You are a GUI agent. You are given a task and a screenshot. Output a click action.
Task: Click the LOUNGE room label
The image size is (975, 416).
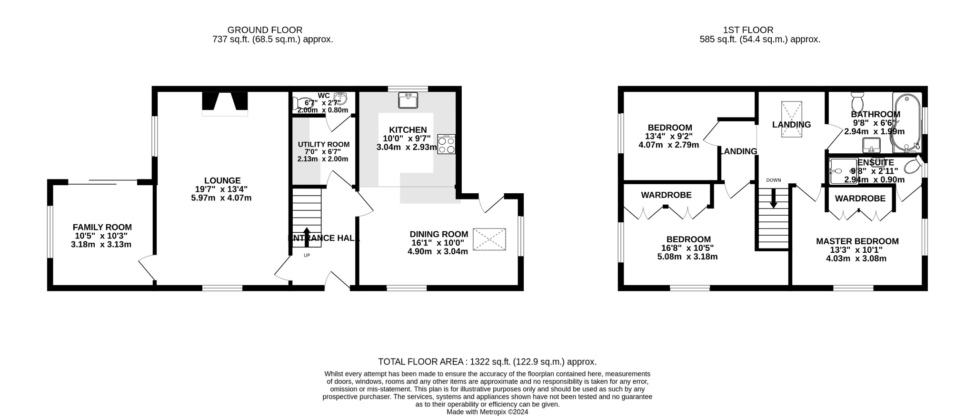pyautogui.click(x=222, y=181)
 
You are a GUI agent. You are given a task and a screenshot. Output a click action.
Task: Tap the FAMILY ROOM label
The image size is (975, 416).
pyautogui.click(x=102, y=228)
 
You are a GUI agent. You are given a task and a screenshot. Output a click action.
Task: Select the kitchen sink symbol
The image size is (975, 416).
pyautogui.click(x=408, y=101)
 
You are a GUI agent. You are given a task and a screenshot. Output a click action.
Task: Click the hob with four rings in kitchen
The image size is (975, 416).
pyautogui.click(x=446, y=144)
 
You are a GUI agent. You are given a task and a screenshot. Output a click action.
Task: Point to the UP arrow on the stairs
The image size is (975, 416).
pyautogui.click(x=306, y=237)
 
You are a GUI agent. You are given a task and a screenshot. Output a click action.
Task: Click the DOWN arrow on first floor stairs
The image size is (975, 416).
pyautogui.click(x=773, y=198)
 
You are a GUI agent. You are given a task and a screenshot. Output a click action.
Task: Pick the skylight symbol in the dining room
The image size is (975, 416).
pyautogui.click(x=489, y=239)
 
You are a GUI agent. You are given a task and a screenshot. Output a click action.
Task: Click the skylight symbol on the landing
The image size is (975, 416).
pyautogui.click(x=791, y=119)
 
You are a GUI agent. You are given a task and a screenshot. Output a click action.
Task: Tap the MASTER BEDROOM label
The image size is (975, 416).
pyautogui.click(x=857, y=241)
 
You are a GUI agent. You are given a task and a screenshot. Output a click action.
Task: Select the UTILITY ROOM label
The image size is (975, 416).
pyautogui.click(x=324, y=145)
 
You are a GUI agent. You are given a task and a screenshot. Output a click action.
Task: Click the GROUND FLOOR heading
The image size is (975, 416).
pyautogui.click(x=265, y=30)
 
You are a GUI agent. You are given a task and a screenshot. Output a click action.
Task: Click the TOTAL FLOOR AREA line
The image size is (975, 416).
pyautogui.click(x=487, y=362)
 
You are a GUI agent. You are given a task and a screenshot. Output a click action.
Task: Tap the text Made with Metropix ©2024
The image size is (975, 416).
pyautogui.click(x=487, y=412)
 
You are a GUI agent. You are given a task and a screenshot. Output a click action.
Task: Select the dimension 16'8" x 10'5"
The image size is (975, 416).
pyautogui.click(x=687, y=248)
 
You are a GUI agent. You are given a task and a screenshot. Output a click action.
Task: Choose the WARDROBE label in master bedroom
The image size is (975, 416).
pyautogui.click(x=860, y=198)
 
